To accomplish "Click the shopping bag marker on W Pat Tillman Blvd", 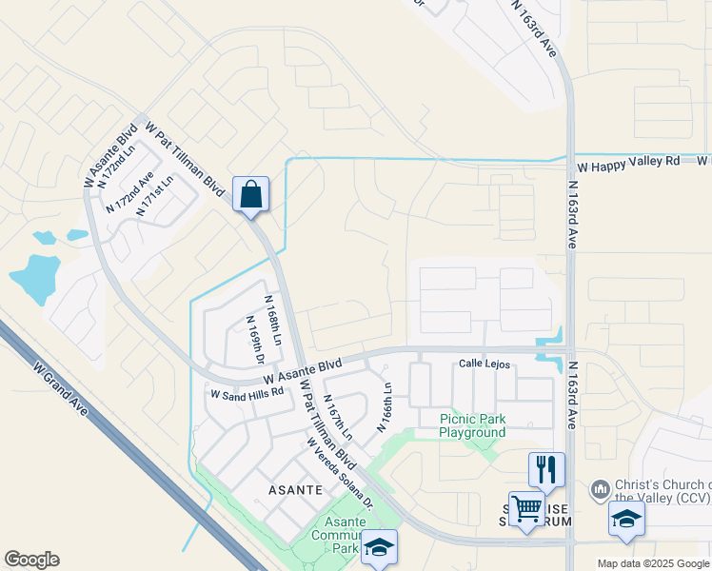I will [x=250, y=195].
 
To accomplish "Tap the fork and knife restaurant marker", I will [x=546, y=469].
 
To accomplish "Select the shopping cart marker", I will [x=526, y=509].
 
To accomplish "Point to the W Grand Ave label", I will [x=60, y=387].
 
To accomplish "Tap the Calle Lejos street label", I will [x=485, y=364].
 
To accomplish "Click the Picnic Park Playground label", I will [x=472, y=425].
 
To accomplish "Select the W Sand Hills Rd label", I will [x=247, y=392].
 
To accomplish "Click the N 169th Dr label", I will [x=254, y=340].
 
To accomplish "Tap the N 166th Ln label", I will [x=386, y=407].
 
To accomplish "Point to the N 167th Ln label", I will [x=338, y=417].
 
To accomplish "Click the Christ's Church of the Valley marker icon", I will [x=600, y=489].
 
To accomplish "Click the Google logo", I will [x=31, y=560].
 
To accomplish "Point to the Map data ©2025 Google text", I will [x=652, y=563].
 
